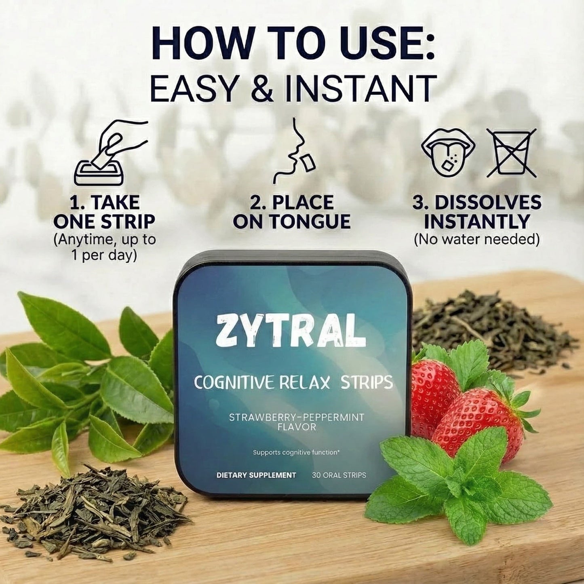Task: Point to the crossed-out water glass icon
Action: tap(512, 153)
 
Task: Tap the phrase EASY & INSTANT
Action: tap(293, 88)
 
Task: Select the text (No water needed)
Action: tap(476, 239)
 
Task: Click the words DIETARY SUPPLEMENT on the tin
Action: tap(256, 475)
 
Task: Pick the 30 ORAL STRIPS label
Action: tap(339, 475)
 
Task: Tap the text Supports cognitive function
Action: tap(296, 452)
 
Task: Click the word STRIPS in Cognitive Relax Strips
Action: tap(367, 382)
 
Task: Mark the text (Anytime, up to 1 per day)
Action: tap(104, 247)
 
